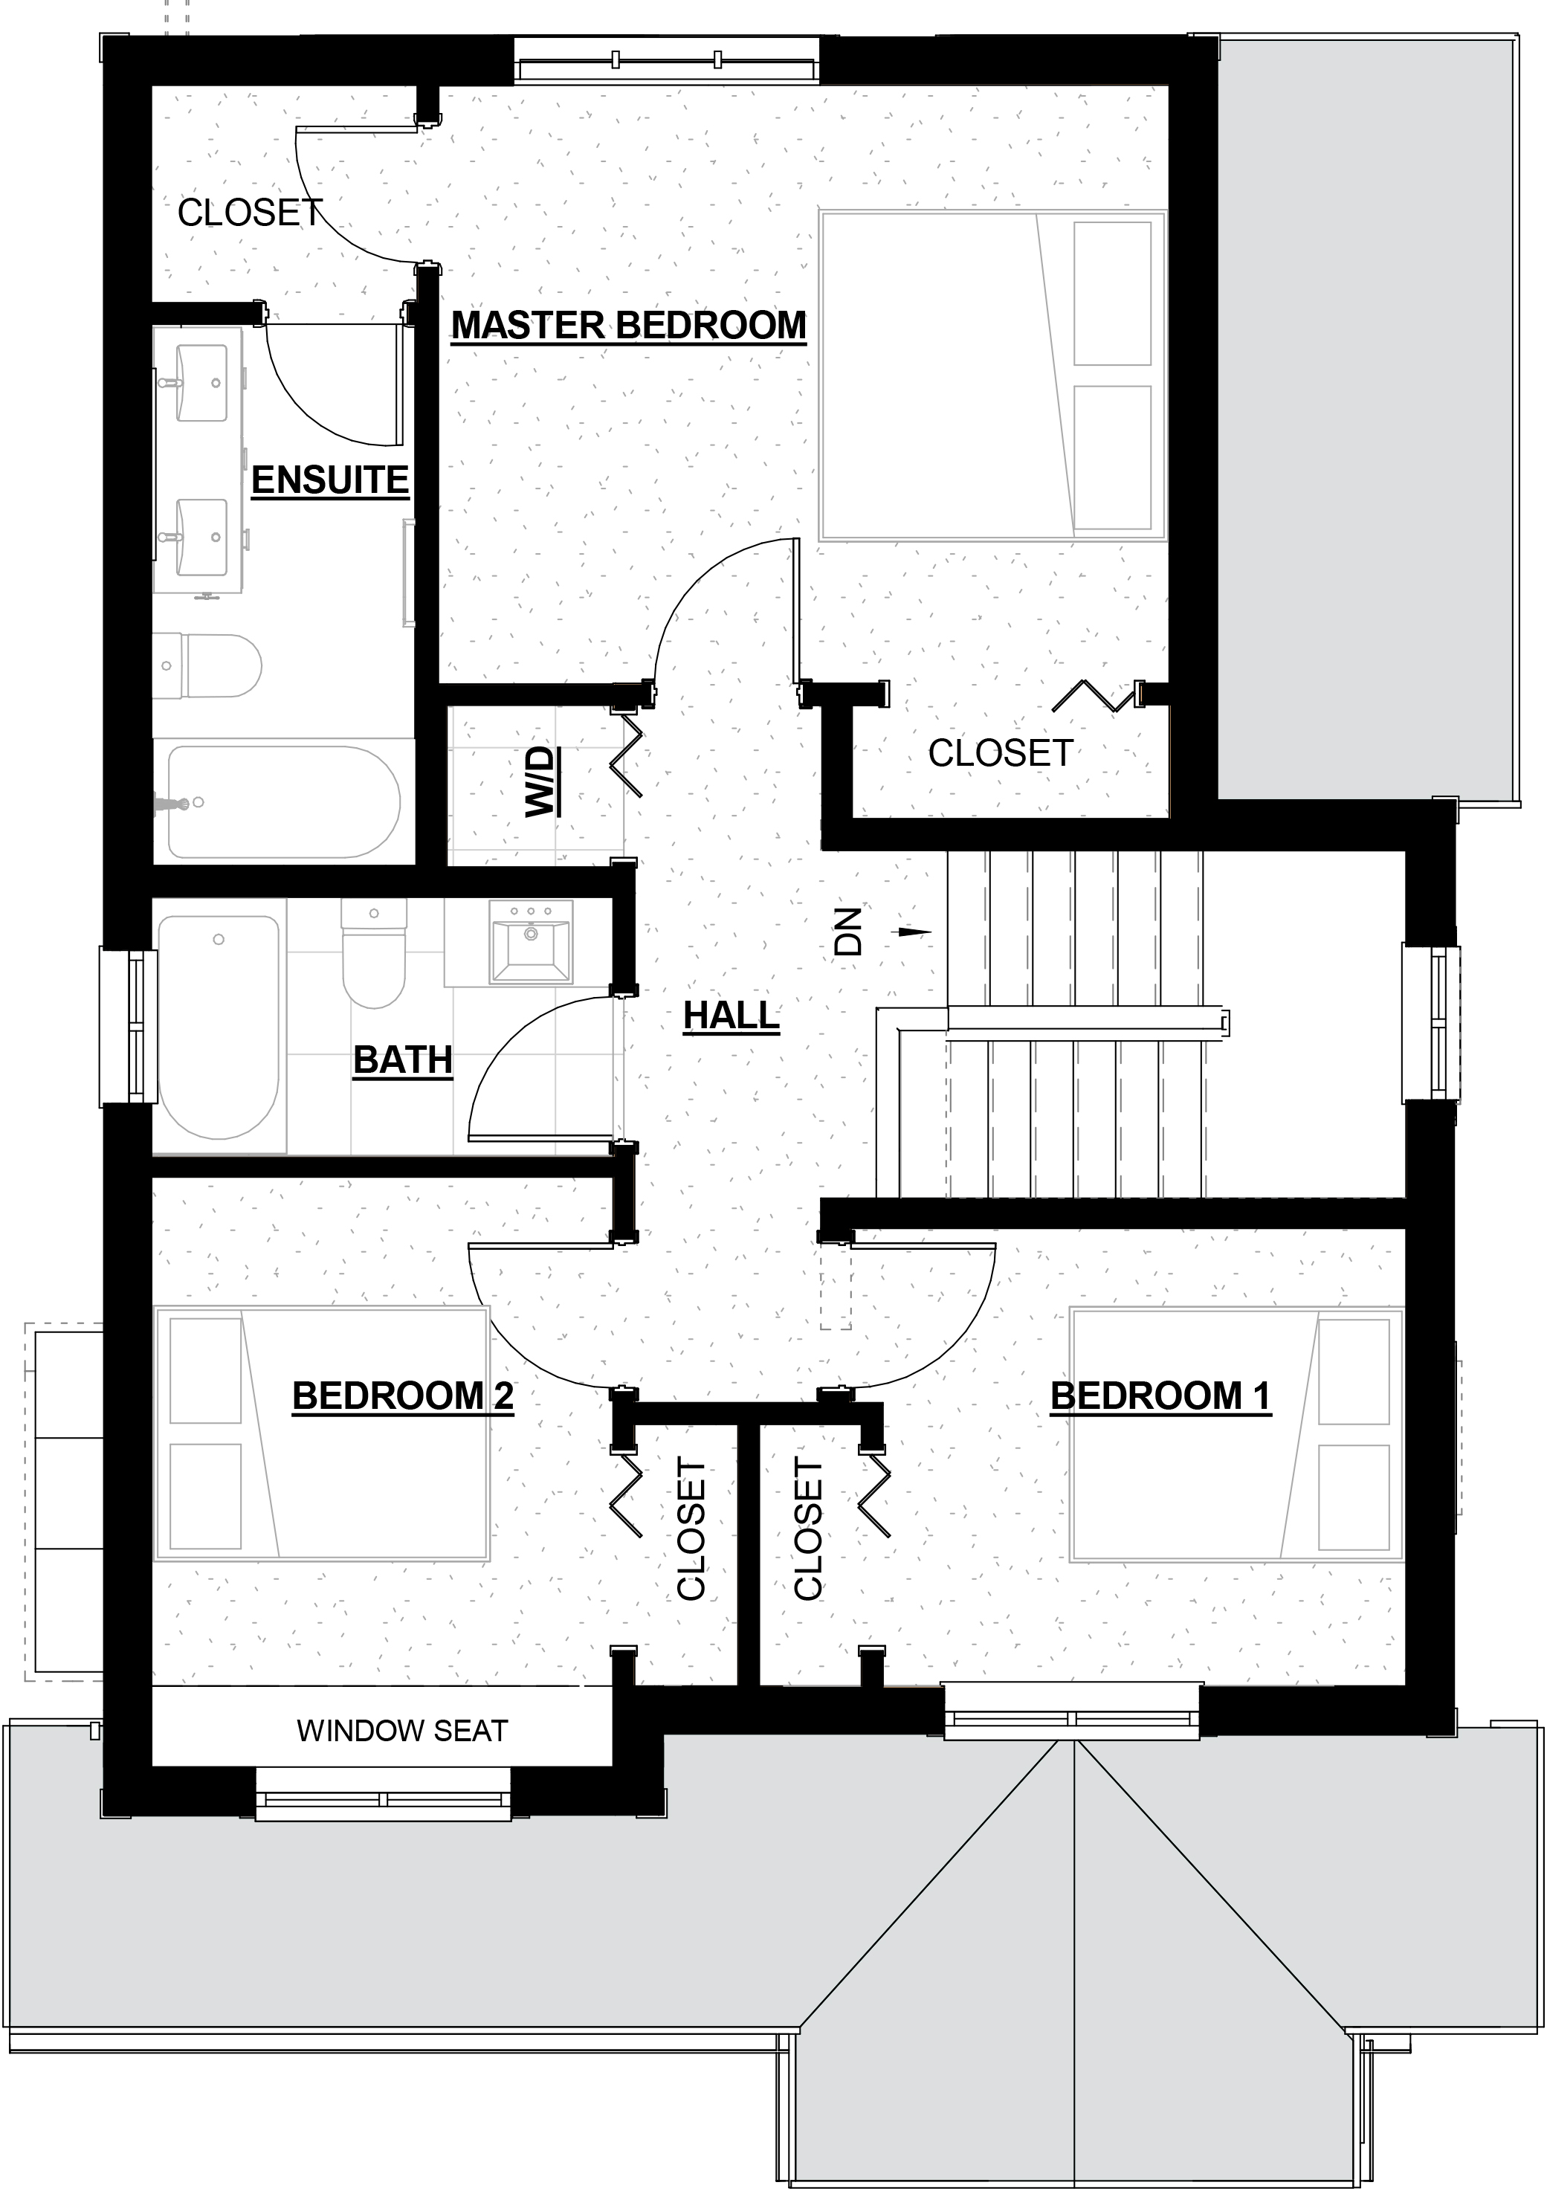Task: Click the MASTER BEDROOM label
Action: [x=629, y=326]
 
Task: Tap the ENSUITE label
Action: [x=330, y=480]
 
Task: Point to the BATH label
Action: [x=403, y=1060]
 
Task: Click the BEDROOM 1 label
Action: [x=1160, y=1396]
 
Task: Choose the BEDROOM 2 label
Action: [x=403, y=1396]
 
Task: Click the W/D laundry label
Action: [x=541, y=781]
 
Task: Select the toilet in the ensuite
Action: [x=208, y=665]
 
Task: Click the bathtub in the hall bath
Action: [x=219, y=1027]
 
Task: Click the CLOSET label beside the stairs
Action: [x=1001, y=754]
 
